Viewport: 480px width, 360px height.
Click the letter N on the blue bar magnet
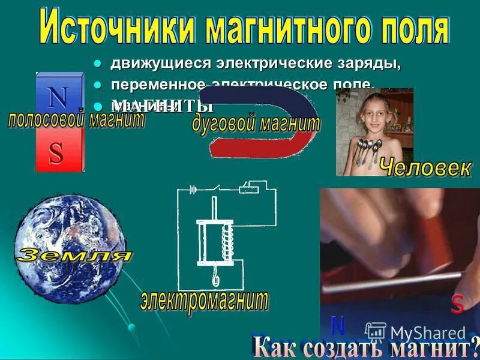point(59,97)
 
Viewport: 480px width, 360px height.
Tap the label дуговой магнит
point(256,124)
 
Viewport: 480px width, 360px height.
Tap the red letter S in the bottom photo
point(457,305)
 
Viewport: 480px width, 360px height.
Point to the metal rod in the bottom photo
point(390,282)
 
